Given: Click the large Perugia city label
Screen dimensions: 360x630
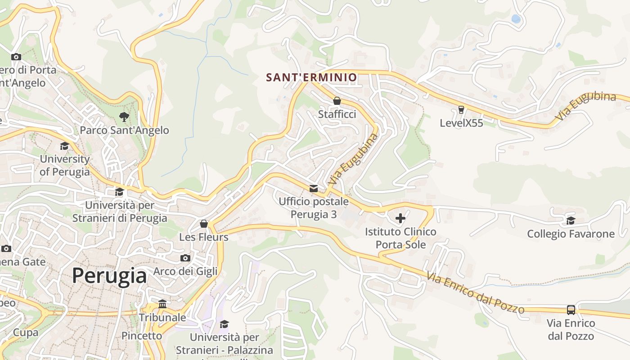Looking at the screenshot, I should click(109, 275).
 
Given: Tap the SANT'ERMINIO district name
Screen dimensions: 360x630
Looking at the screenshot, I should click(311, 77).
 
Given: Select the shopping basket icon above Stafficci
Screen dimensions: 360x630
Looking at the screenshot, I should click(337, 101).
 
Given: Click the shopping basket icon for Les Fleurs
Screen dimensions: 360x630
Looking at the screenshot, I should click(204, 224).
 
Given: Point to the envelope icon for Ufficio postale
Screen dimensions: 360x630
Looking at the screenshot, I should click(313, 188).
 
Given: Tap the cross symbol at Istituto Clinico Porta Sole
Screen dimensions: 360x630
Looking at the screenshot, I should click(400, 219).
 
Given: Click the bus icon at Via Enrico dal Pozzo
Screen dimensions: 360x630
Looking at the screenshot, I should click(571, 310).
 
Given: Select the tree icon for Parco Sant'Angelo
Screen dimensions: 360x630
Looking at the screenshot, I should click(124, 117).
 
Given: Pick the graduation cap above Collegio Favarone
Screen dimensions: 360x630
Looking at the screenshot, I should click(571, 220).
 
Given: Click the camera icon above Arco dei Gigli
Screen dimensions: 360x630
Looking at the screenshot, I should click(185, 258).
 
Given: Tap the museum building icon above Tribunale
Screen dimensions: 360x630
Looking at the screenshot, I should click(162, 304).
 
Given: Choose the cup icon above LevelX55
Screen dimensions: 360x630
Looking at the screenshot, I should click(461, 109).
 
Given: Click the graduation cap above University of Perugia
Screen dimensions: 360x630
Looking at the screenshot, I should click(65, 146).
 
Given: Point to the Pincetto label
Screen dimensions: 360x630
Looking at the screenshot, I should click(142, 336).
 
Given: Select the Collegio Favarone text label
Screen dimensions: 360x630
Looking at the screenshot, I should click(571, 234).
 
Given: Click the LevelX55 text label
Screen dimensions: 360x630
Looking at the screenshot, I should click(461, 123).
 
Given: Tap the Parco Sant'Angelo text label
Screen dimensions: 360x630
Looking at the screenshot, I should click(124, 130).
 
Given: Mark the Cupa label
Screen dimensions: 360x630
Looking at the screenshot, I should click(25, 333).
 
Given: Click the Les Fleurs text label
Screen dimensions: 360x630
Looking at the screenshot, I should click(204, 237).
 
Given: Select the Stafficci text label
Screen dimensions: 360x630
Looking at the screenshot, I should click(337, 114).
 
